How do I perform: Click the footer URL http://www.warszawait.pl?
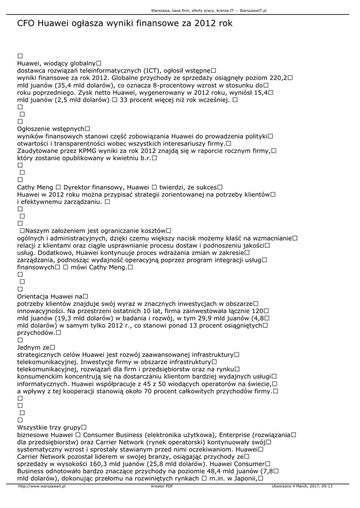click(x=42, y=486)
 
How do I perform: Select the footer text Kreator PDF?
click(x=162, y=486)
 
